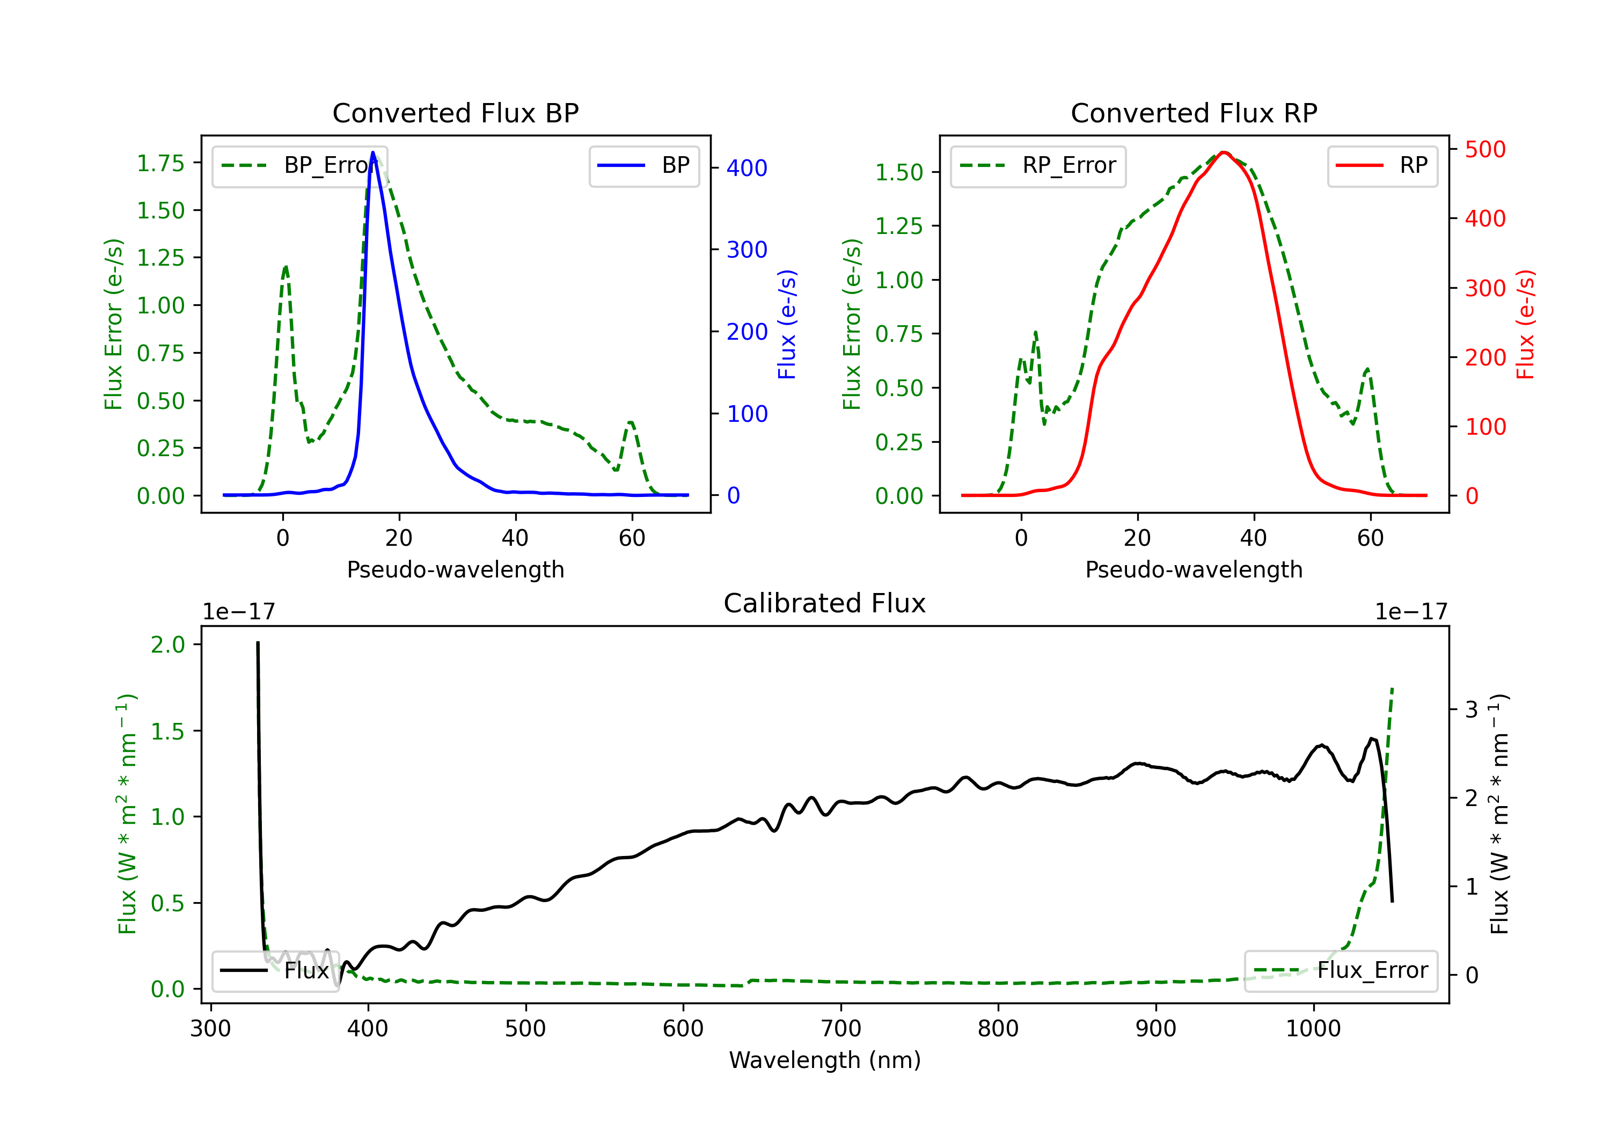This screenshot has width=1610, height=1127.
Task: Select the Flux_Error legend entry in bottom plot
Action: coord(1341,971)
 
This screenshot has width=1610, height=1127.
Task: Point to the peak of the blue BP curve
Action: coord(373,152)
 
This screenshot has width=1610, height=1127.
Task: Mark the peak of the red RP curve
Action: coord(1224,152)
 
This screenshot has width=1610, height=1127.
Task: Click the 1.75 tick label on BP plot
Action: coord(160,163)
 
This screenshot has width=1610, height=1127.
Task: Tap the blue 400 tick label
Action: coord(747,169)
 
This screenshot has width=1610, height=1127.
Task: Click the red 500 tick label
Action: coord(1485,149)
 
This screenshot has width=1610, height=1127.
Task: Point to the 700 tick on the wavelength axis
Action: coord(841,1029)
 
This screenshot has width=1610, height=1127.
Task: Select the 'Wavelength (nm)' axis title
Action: coord(825,1060)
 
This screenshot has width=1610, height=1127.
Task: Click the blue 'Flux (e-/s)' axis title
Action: coord(787,325)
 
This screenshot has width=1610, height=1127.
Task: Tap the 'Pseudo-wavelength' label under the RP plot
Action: coord(1194,569)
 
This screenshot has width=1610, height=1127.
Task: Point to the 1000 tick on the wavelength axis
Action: coord(1313,1029)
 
